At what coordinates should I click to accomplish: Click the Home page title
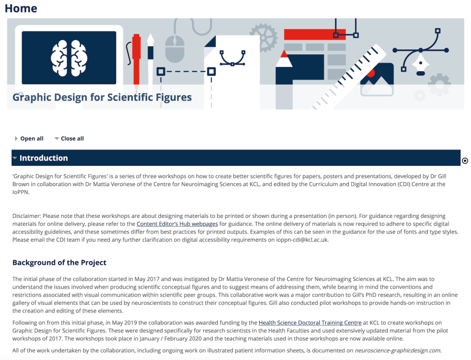pyautogui.click(x=21, y=8)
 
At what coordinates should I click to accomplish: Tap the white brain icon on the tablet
pyautogui.click(x=69, y=58)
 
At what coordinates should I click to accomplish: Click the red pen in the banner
pyautogui.click(x=136, y=62)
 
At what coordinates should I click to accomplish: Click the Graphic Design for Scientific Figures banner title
pyautogui.click(x=102, y=97)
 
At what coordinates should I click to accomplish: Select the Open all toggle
pyautogui.click(x=29, y=138)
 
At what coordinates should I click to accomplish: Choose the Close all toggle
pyautogui.click(x=69, y=138)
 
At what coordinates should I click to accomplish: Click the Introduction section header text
pyautogui.click(x=44, y=158)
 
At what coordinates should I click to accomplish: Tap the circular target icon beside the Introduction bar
pyautogui.click(x=465, y=161)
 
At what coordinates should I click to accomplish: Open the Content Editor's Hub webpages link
pyautogui.click(x=177, y=224)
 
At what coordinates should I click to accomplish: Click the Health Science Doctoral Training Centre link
pyautogui.click(x=310, y=323)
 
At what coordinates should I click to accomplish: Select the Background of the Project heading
pyautogui.click(x=59, y=263)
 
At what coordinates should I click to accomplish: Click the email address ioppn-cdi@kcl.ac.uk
pyautogui.click(x=302, y=240)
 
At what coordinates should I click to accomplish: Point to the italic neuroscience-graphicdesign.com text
pyautogui.click(x=398, y=350)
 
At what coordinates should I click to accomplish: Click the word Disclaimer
pyautogui.click(x=26, y=216)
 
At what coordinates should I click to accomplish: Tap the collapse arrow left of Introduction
pyautogui.click(x=15, y=158)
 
